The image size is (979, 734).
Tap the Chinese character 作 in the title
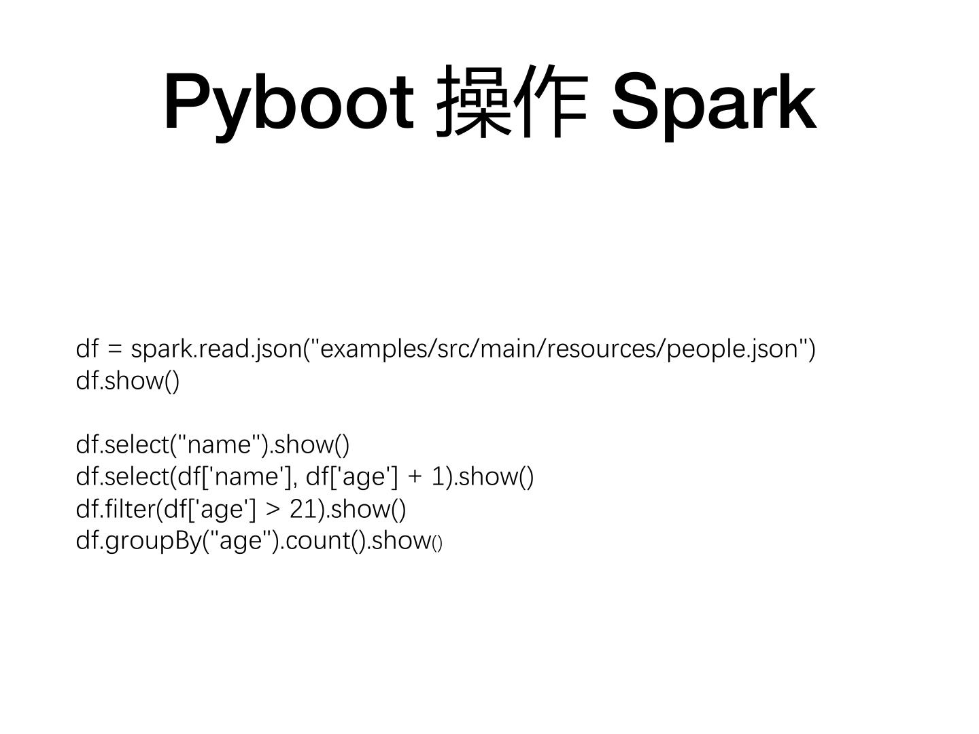[550, 102]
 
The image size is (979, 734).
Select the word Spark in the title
[713, 102]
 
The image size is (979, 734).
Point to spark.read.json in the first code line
[216, 349]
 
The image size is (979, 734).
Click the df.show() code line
[128, 381]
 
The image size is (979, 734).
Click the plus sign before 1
[414, 477]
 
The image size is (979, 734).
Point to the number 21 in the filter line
[303, 509]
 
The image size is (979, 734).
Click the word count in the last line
[315, 541]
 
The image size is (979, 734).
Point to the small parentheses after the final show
[437, 544]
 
